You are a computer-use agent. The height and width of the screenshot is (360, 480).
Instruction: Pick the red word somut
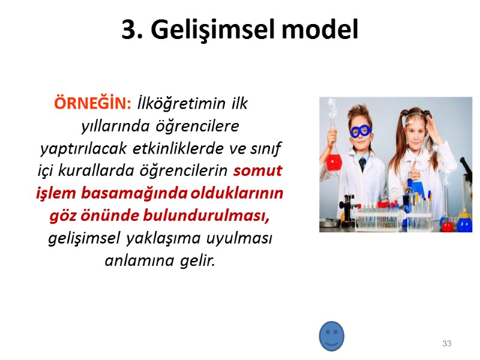coord(257,171)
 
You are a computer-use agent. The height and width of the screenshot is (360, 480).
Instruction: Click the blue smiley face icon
coord(331,336)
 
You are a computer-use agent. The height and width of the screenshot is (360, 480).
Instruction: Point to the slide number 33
coord(446,344)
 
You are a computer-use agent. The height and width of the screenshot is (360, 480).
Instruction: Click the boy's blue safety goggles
coord(361,131)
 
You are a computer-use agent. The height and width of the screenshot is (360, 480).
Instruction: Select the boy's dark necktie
coord(362,164)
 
